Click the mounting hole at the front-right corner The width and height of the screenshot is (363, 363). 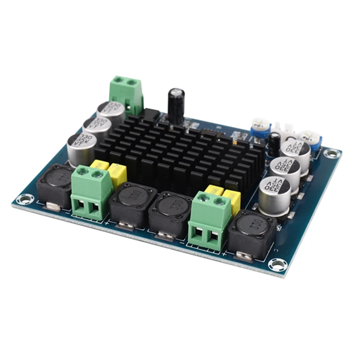coord(276,265)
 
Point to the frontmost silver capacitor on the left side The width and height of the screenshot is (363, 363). coord(81,146)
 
